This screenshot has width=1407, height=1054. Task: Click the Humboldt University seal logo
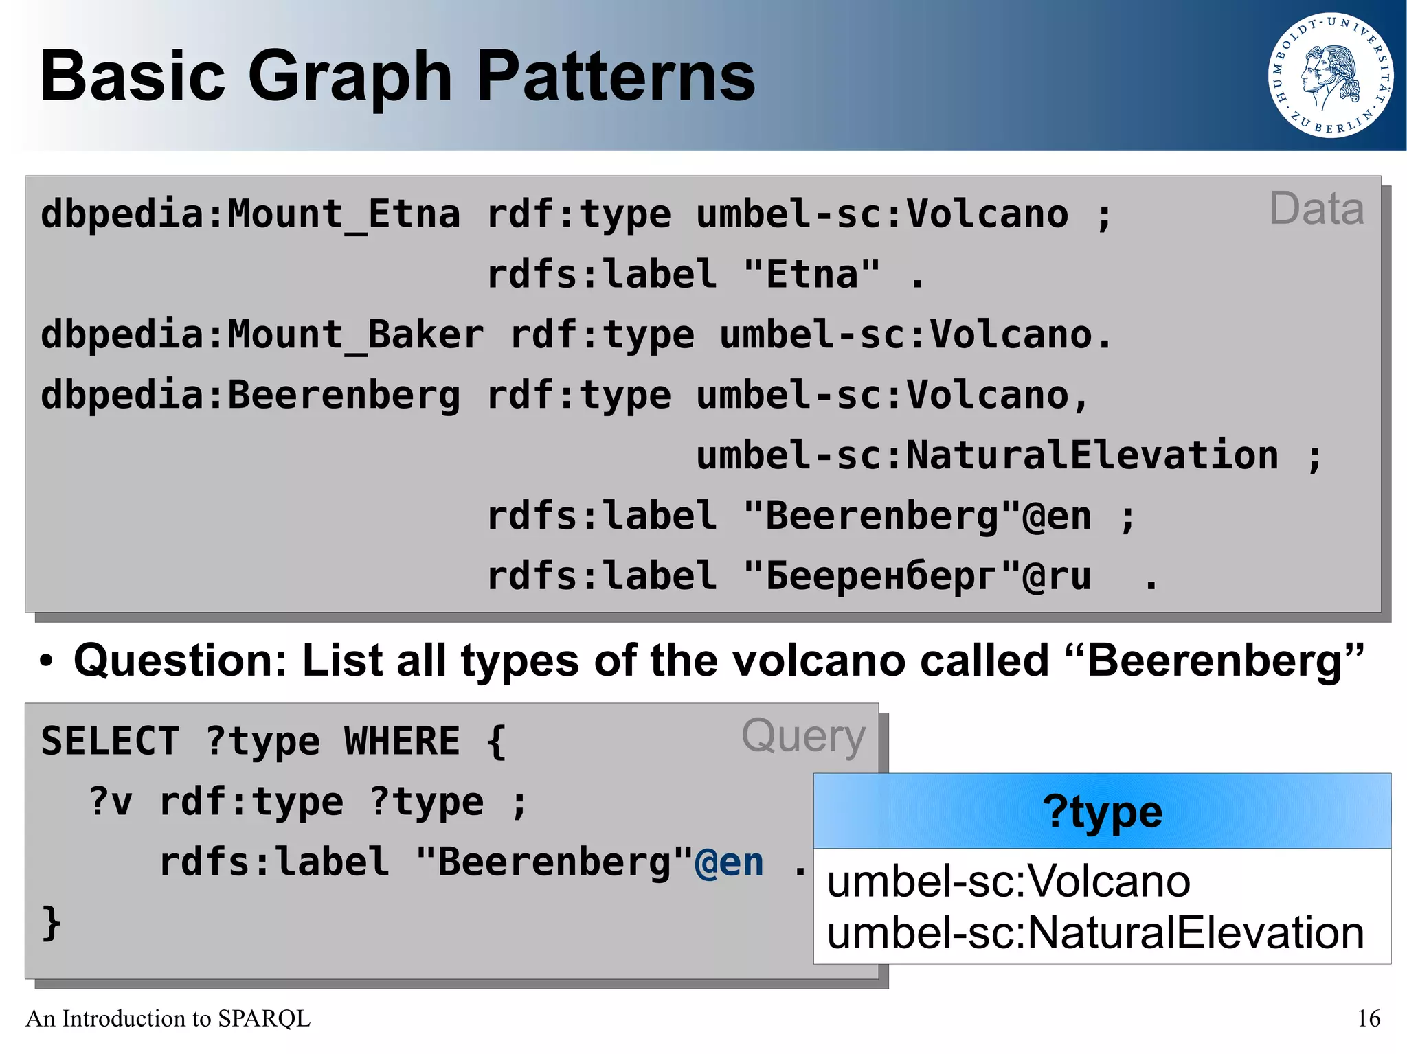(x=1331, y=76)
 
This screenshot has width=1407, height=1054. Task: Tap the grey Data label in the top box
(x=1316, y=209)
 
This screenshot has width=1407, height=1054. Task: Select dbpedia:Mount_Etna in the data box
(x=250, y=215)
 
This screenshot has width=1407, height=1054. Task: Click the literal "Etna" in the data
(x=811, y=275)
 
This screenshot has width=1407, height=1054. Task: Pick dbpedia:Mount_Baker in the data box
(x=262, y=336)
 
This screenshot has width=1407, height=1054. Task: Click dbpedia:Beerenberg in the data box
(x=250, y=396)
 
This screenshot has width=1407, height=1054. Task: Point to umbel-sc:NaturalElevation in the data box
(x=987, y=456)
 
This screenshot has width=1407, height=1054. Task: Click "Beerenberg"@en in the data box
(x=917, y=516)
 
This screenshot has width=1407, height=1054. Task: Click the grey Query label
(x=803, y=736)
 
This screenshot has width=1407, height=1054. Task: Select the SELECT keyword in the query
(x=110, y=742)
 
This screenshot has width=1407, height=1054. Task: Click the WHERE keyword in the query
(x=402, y=742)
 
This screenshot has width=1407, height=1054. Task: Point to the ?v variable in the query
(x=110, y=802)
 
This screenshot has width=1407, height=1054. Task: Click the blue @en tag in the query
(x=729, y=862)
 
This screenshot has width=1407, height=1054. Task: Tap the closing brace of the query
(x=52, y=922)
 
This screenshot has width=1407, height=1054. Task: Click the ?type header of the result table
(x=1101, y=812)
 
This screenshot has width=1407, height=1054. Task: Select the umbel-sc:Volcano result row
(x=1008, y=881)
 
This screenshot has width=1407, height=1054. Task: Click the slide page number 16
(x=1368, y=1018)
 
